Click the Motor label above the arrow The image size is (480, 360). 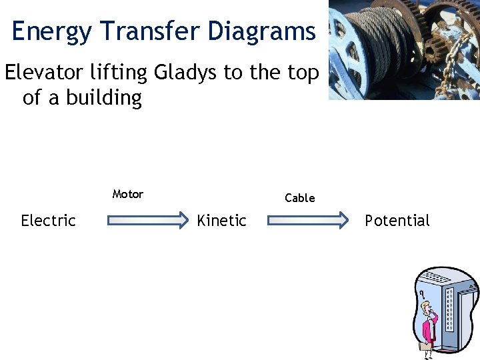127,194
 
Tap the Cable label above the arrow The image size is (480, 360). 299,198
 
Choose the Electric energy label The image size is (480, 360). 48,221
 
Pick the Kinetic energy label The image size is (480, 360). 221,221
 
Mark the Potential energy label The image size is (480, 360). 397,221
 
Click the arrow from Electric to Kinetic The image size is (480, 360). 149,221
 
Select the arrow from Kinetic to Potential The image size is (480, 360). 308,221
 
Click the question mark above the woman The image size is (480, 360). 421,294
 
